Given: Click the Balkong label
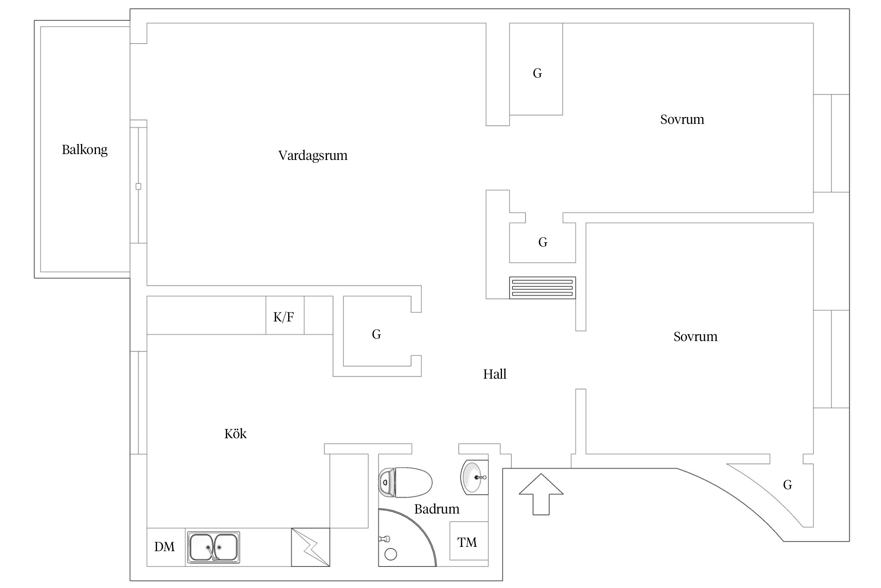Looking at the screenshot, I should (x=85, y=150).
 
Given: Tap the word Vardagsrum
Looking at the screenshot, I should (x=313, y=156).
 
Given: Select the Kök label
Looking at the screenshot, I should (x=235, y=434).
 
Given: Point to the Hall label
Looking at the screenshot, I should (x=495, y=374).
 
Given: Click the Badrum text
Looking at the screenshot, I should (x=437, y=509).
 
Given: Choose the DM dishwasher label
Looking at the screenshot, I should (x=164, y=547).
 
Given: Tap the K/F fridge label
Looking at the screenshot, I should (x=283, y=317).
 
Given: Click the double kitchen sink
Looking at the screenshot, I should (x=213, y=547).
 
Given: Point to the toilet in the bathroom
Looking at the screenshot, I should (x=405, y=482).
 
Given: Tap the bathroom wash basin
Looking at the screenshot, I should (x=474, y=477).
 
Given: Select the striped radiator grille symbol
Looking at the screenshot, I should (x=542, y=288).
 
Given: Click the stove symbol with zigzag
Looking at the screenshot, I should (x=311, y=547).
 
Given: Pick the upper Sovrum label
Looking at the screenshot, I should (x=682, y=120).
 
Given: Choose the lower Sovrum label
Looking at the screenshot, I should (x=695, y=337).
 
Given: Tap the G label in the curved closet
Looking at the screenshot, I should (x=787, y=485).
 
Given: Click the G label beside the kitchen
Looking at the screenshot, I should (x=376, y=334).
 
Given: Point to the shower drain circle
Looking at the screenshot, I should (x=391, y=554).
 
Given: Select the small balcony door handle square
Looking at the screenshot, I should (x=138, y=187).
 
